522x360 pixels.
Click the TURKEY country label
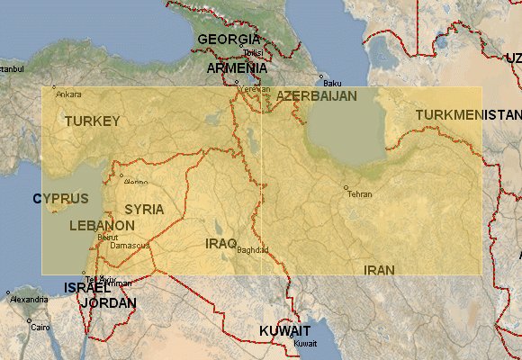(92, 121)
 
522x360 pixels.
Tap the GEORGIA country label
(229, 40)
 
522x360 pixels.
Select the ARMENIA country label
(237, 68)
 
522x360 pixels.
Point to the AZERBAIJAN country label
(317, 95)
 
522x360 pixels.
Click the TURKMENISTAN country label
(468, 115)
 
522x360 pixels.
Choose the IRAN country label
(379, 270)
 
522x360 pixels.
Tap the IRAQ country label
(220, 243)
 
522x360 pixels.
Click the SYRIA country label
(144, 209)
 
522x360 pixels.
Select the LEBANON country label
(102, 225)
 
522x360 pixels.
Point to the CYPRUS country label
(61, 198)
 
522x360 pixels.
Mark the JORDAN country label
(108, 303)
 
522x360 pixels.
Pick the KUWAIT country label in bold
(284, 331)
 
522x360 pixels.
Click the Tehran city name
(359, 194)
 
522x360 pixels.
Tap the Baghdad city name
(253, 250)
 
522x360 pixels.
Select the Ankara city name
(68, 94)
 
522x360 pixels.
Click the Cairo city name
(40, 328)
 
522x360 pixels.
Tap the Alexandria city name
(30, 299)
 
